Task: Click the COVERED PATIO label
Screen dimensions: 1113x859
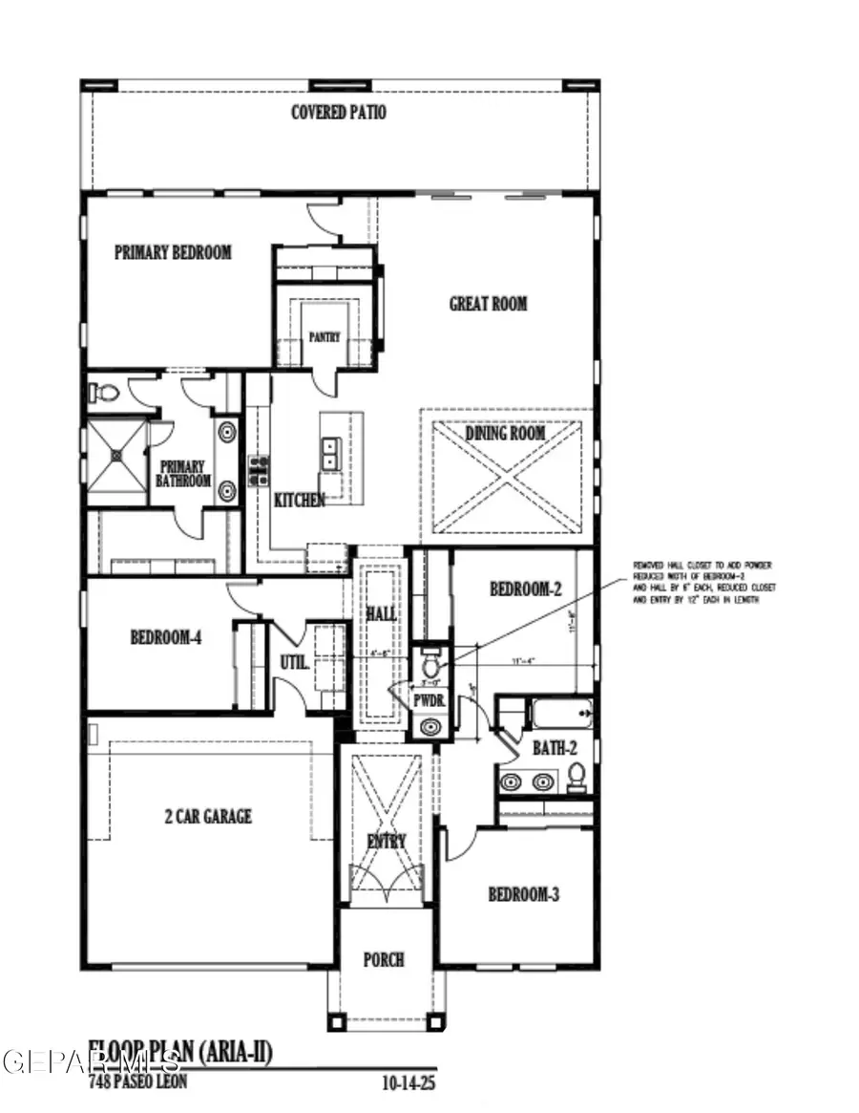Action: point(339,113)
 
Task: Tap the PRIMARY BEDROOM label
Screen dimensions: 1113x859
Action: point(173,253)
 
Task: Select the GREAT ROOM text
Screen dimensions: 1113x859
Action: point(488,304)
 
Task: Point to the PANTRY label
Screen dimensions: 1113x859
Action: point(325,337)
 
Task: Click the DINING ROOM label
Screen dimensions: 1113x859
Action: point(506,434)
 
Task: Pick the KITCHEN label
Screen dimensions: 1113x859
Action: point(300,500)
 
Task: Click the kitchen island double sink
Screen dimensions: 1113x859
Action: point(330,454)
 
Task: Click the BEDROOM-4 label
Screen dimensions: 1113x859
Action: point(166,637)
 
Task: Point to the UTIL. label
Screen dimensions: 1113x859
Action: point(293,660)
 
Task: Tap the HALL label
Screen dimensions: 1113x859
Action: point(382,612)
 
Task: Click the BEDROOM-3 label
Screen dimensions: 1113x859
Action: point(523,895)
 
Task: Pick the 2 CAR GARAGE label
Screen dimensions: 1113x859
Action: point(206,817)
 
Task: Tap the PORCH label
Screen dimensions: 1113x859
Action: point(385,959)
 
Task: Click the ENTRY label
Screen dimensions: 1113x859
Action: point(387,842)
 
